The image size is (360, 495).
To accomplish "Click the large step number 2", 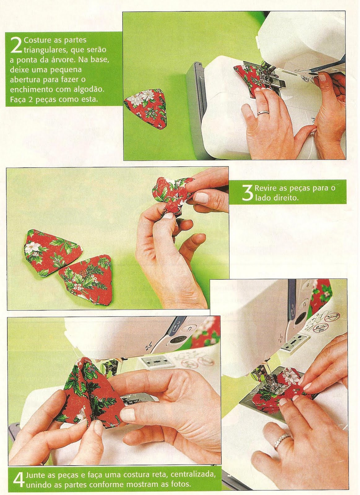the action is (x=16, y=45).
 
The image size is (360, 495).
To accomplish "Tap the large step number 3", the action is (x=247, y=193).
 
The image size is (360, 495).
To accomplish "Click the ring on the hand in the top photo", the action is (x=263, y=113).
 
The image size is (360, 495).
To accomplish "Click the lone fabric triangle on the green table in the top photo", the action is (x=146, y=108).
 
